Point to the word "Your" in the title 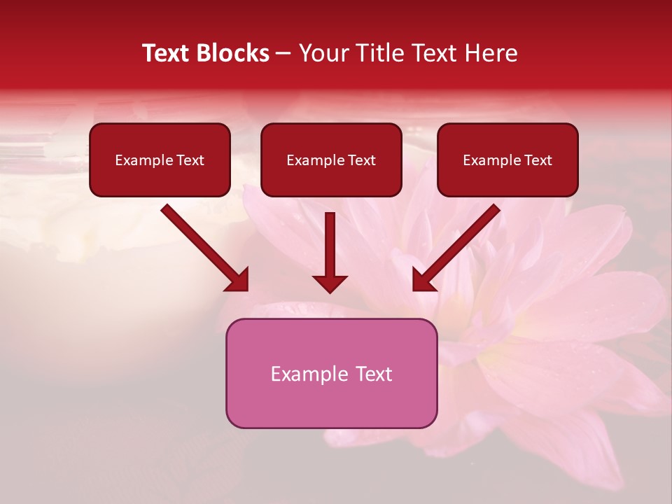click(x=323, y=53)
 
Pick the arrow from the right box click(x=458, y=245)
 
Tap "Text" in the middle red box click(x=362, y=160)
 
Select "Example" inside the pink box click(x=309, y=374)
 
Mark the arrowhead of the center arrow click(x=330, y=283)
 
